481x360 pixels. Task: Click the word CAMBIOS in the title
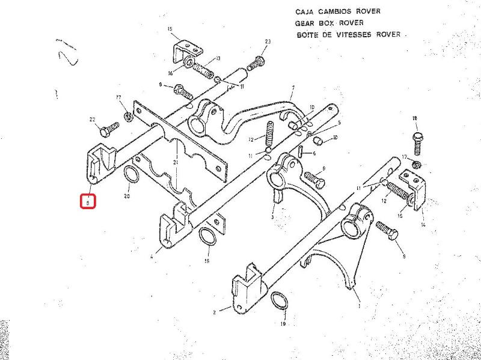coord(329,11)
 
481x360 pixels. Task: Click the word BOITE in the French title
coord(307,34)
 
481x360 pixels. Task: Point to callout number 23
coord(268,41)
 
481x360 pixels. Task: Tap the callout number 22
coord(93,119)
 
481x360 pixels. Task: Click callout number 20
coord(127,197)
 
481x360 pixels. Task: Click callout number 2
coord(214,313)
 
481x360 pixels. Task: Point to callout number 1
coord(360,306)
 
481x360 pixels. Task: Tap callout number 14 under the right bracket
coord(423,224)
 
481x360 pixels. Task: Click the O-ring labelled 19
coord(278,300)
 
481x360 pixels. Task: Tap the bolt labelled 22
coord(108,129)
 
